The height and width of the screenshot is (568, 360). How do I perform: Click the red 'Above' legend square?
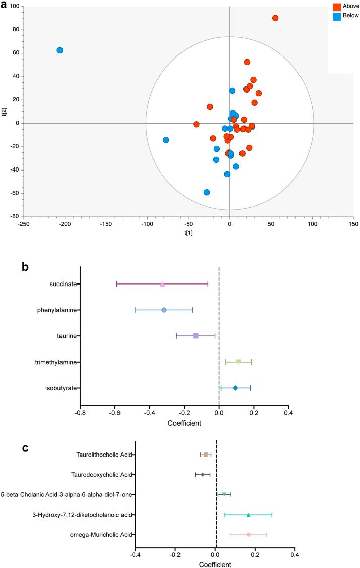click(337, 7)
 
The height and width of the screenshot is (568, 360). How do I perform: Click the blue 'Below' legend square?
click(337, 16)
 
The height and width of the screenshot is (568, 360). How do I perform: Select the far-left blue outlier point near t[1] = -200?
click(59, 50)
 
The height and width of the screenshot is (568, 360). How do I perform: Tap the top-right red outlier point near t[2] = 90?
click(275, 18)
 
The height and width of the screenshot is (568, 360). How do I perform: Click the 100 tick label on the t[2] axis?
click(14, 7)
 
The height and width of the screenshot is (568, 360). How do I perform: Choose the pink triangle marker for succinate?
click(162, 284)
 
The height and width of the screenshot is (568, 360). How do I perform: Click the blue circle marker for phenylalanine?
click(164, 310)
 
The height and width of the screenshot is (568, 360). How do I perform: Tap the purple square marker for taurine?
click(196, 336)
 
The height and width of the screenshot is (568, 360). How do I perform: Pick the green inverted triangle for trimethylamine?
click(238, 362)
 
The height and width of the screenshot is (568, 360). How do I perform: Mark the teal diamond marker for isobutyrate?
click(235, 388)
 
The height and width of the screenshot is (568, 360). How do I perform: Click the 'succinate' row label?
click(63, 284)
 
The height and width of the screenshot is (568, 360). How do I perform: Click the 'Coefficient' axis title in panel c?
click(215, 563)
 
